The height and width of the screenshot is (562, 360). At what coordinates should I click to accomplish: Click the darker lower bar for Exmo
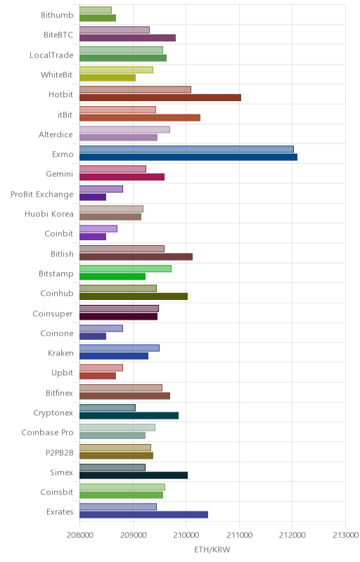point(188,157)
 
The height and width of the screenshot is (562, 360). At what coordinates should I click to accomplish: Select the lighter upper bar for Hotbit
point(135,90)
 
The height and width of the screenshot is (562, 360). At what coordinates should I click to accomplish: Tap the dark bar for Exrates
point(143,515)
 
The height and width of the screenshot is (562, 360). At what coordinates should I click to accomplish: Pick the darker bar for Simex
point(134,476)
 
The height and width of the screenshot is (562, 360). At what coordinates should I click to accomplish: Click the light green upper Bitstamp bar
point(125,268)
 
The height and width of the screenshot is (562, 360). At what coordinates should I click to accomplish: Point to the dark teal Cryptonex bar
point(129,415)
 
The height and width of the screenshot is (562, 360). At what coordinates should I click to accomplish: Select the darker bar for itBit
point(140,117)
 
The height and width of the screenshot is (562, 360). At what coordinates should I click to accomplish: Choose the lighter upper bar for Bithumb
point(96,10)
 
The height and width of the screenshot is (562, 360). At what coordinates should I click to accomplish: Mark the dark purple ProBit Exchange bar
point(93,197)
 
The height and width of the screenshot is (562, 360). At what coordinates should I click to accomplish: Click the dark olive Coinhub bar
point(134,296)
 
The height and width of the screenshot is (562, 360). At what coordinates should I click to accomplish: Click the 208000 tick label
point(80,535)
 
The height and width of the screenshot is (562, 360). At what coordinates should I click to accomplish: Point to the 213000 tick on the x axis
point(346,535)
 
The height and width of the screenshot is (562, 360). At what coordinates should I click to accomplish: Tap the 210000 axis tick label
point(186,535)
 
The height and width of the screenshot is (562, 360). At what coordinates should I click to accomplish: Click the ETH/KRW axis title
point(212,549)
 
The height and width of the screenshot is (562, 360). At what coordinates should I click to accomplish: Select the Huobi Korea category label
point(49,214)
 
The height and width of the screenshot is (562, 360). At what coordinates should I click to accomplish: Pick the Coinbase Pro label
point(47,433)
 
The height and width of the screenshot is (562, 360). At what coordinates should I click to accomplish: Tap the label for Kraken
point(60,353)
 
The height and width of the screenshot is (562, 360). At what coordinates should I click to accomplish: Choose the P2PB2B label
point(60,452)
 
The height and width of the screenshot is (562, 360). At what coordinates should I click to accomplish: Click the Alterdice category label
point(56,134)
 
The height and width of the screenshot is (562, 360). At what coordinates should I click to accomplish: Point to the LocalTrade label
point(51,55)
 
